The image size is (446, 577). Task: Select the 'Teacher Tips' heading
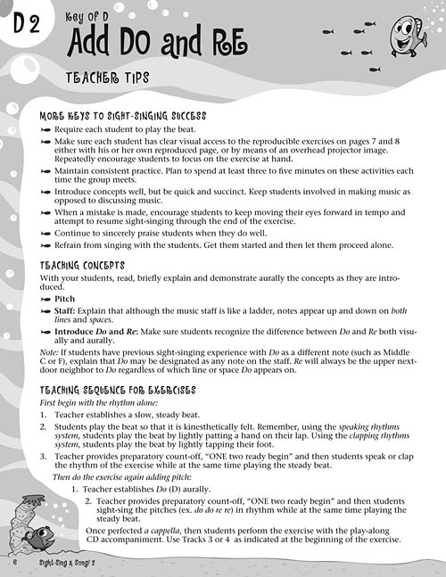pyautogui.click(x=109, y=78)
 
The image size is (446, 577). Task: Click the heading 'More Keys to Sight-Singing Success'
pyautogui.click(x=123, y=117)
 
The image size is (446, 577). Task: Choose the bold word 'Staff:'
pyautogui.click(x=68, y=313)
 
